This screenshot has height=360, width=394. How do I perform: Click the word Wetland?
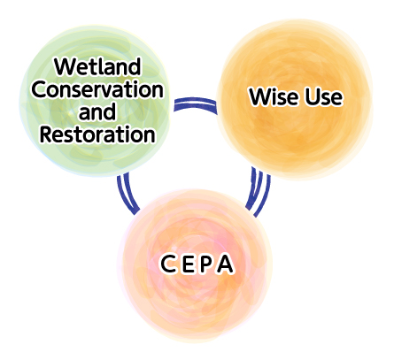[x=97, y=67]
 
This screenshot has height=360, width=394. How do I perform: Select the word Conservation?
[x=97, y=89]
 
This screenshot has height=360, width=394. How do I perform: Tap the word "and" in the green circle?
[x=97, y=111]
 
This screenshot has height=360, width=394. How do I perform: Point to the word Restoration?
[x=97, y=134]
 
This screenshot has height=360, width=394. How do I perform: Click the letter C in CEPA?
[x=168, y=264]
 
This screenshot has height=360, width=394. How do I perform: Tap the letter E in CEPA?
[x=188, y=264]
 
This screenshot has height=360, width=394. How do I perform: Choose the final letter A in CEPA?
[x=225, y=264]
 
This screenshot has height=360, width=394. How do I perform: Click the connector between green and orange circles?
[x=196, y=103]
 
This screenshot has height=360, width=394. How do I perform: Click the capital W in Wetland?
[x=64, y=67]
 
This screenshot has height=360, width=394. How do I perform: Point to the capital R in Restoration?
[x=46, y=134]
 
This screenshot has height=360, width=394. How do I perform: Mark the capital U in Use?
[x=312, y=96]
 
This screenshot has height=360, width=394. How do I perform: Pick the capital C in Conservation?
[x=40, y=89]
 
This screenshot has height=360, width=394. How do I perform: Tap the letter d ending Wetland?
[x=135, y=67]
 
